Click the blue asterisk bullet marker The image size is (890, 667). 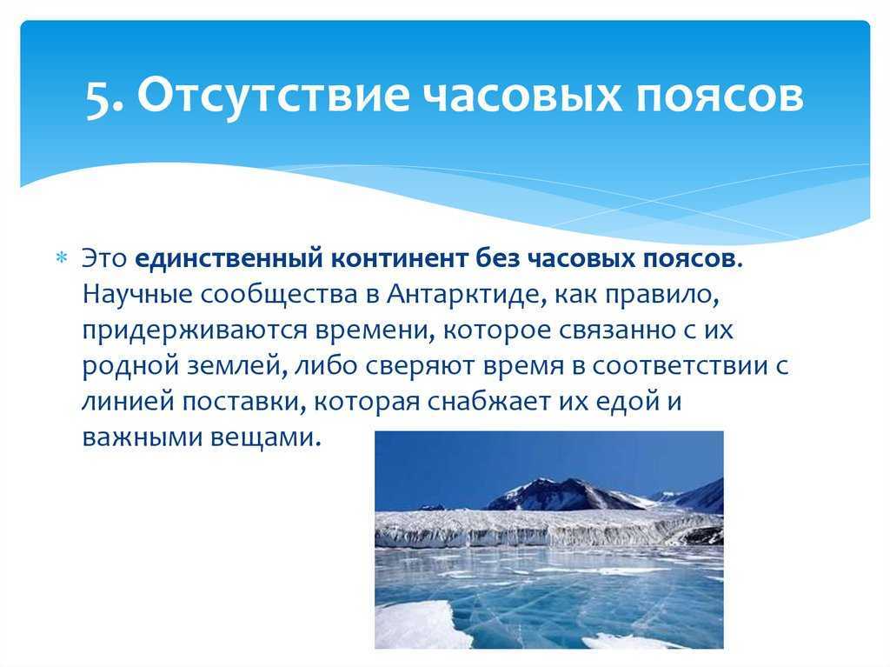coord(61,257)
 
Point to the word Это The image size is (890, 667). coord(104,258)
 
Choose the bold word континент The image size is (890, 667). coord(398,259)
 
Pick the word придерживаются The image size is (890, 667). coord(194,330)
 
